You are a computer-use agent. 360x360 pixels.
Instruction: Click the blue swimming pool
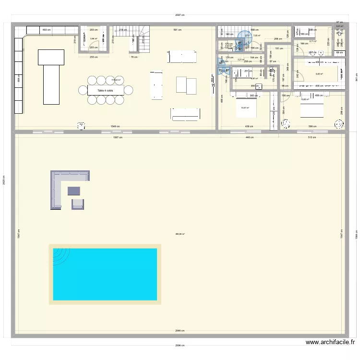[x=105, y=274]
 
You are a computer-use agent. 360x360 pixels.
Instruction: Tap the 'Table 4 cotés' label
[x=105, y=90]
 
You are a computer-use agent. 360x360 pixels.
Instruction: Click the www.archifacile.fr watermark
[x=330, y=342]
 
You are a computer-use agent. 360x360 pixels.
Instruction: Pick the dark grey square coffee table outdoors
[x=74, y=191]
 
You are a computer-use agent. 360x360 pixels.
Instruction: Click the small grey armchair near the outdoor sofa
[x=78, y=204]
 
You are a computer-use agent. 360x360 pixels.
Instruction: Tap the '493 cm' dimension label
[x=47, y=30]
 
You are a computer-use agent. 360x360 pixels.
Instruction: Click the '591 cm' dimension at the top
[x=177, y=30]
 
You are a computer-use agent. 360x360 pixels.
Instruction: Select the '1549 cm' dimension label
[x=114, y=127]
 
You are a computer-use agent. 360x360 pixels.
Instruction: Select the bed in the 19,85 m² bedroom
[x=312, y=106]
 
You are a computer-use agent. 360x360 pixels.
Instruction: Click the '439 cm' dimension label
[x=249, y=127]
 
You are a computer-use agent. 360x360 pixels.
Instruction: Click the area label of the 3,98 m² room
[x=94, y=39]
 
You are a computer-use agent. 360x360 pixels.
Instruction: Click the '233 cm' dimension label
[x=93, y=57]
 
